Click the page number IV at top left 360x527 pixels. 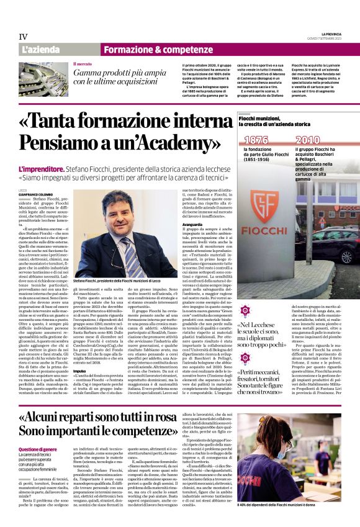pos(24,37)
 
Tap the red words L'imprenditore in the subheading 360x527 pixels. pos(41,168)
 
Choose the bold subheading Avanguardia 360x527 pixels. pos(193,224)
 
